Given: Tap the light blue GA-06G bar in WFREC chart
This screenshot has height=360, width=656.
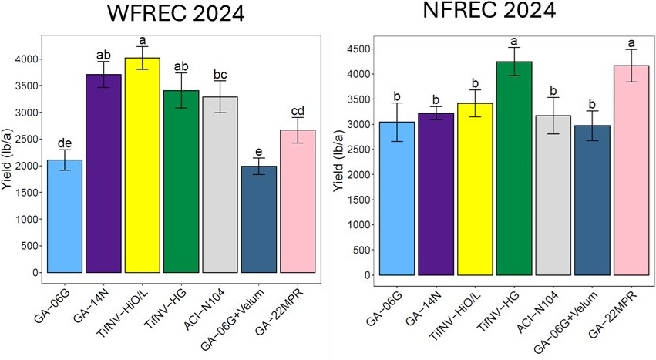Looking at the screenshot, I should click(x=66, y=216).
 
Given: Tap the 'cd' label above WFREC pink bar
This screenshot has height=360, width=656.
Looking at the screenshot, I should click(x=298, y=110).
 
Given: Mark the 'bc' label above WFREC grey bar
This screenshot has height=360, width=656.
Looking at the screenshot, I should click(x=220, y=74).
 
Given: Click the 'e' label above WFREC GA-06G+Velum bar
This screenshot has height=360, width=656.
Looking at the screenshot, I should click(x=259, y=151).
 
